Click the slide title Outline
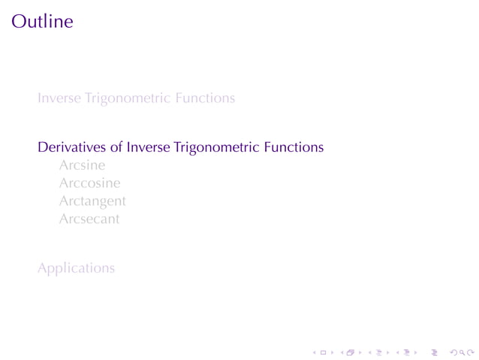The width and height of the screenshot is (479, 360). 42,21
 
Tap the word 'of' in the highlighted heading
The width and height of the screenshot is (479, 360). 115,147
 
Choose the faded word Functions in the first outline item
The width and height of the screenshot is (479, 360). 205,98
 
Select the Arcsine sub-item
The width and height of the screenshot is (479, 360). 82,165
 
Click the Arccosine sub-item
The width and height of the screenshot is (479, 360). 89,183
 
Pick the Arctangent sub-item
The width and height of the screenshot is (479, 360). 92,202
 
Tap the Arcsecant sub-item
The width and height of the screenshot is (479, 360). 89,220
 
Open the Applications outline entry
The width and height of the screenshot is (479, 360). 76,268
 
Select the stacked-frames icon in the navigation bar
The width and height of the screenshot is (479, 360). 349,351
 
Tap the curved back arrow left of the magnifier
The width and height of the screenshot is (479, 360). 452,351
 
